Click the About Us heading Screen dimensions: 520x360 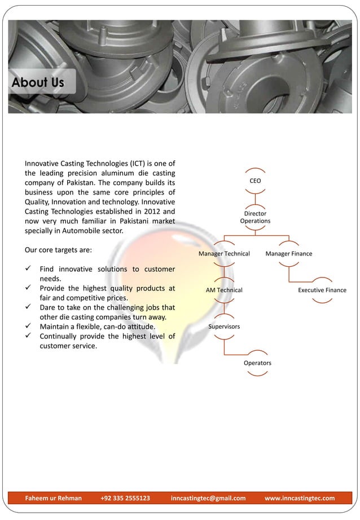pyautogui.click(x=38, y=82)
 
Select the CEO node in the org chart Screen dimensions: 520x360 pyautogui.click(x=255, y=181)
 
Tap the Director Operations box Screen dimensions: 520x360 pyautogui.click(x=255, y=217)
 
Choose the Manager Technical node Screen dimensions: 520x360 pyautogui.click(x=224, y=254)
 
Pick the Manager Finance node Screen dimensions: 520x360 pyautogui.click(x=288, y=254)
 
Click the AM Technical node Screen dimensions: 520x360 pyautogui.click(x=224, y=290)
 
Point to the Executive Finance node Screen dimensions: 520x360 pyautogui.click(x=322, y=290)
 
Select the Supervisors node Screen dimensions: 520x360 pyautogui.click(x=224, y=327)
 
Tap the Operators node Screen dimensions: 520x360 pyautogui.click(x=257, y=363)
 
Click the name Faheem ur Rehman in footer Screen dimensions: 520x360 pyautogui.click(x=54, y=498)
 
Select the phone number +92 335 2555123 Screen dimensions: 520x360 pyautogui.click(x=125, y=498)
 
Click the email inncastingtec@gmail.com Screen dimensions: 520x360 pyautogui.click(x=208, y=498)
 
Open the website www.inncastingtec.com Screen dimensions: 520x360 pyautogui.click(x=299, y=498)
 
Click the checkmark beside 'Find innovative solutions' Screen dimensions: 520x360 pyautogui.click(x=28, y=269)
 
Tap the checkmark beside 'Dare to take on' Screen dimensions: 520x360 pyautogui.click(x=28, y=307)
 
